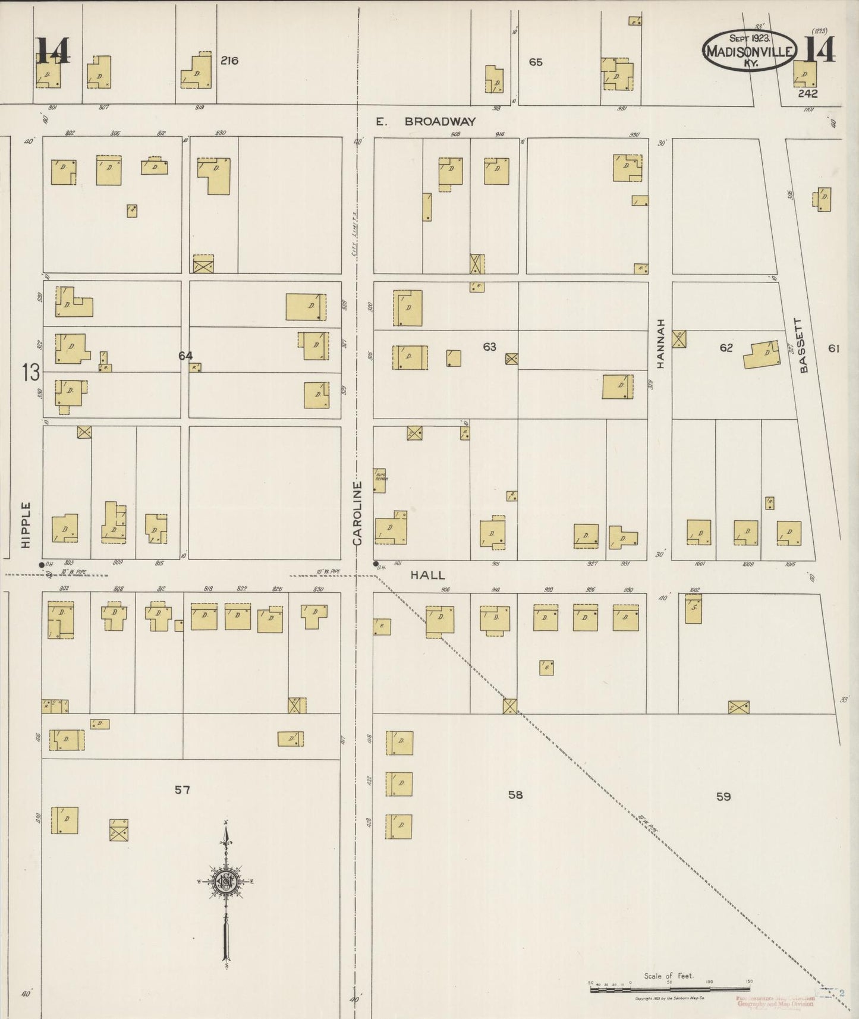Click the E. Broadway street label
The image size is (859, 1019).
[426, 121]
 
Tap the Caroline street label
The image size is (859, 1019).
[357, 514]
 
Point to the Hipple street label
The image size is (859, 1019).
[25, 525]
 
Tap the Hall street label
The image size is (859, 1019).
[427, 575]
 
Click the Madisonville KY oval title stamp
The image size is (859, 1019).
[749, 51]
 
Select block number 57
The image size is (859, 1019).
[182, 790]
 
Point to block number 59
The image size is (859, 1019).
[723, 796]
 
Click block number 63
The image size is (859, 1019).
[489, 347]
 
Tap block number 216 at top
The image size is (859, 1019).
[229, 60]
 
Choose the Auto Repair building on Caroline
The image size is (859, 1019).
[379, 480]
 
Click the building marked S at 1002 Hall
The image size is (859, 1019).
[693, 609]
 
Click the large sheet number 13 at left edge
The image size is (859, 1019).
[31, 373]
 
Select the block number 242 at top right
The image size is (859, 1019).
[808, 93]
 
